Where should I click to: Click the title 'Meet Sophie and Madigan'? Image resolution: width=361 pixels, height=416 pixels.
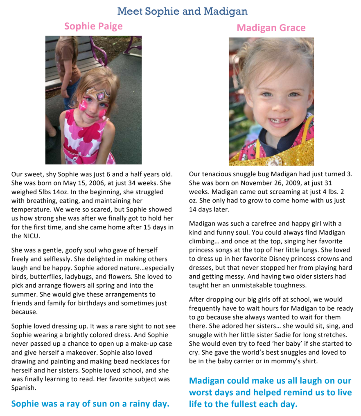click(182, 11)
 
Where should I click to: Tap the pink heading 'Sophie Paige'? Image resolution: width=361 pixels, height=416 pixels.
click(93, 27)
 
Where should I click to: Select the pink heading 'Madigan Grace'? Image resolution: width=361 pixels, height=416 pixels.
click(271, 28)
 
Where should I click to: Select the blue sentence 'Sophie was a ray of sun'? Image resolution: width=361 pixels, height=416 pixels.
click(90, 404)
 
